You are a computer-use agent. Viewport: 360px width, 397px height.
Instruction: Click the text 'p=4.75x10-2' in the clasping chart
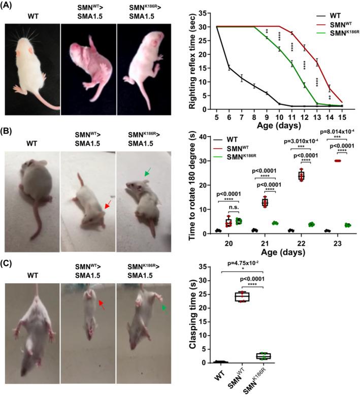pyautogui.click(x=245, y=264)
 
